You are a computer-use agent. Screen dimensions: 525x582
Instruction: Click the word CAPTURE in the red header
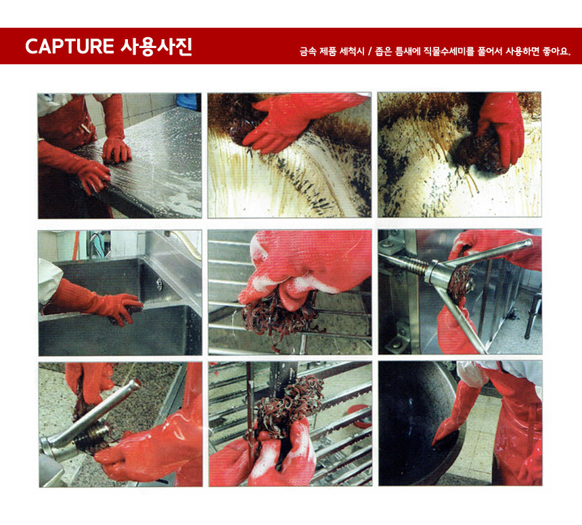pos(69,47)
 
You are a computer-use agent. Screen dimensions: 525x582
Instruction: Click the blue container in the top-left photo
pos(187,101)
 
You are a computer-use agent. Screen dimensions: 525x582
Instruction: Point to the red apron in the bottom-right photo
pos(518,433)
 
